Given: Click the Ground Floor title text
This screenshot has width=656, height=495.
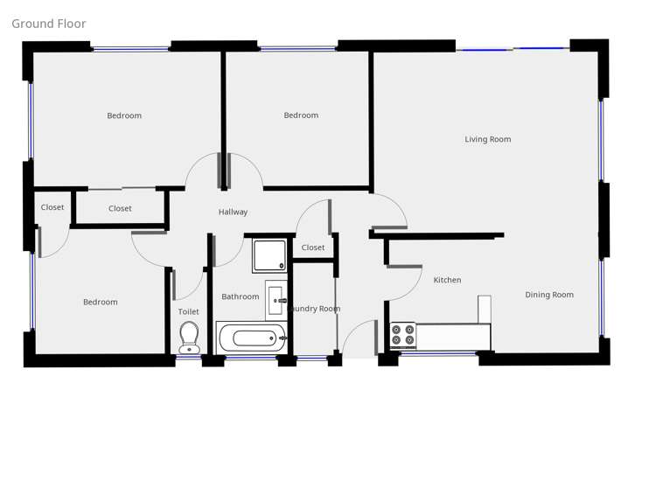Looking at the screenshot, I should [49, 24].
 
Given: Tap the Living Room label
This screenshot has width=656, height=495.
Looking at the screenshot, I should [487, 139].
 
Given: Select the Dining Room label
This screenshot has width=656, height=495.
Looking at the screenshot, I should [549, 295].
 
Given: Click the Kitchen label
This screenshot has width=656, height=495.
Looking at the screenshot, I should [447, 280].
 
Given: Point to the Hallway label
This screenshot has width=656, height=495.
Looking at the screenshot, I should [233, 212].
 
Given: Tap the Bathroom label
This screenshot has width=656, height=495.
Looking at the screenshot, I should [240, 296].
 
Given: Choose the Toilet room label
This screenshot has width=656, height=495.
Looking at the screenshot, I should [188, 311].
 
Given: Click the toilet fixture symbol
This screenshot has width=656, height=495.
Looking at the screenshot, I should [189, 338].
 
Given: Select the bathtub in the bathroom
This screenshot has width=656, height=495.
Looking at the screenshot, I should [252, 337].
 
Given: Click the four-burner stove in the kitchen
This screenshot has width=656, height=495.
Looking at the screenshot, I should [403, 335].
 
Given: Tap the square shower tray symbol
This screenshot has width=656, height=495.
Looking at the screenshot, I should [269, 255].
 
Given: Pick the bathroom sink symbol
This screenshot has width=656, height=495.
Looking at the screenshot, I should [276, 299].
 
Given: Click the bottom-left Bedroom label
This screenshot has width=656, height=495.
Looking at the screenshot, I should [100, 302].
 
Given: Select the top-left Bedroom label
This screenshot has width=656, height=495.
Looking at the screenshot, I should [124, 115].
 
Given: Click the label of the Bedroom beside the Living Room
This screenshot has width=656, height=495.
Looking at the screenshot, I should [301, 115].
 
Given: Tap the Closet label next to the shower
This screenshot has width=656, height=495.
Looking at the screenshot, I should [313, 247].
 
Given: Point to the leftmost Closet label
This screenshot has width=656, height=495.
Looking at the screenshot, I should [52, 207].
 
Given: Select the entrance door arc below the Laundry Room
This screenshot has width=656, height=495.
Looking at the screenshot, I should [359, 338].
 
